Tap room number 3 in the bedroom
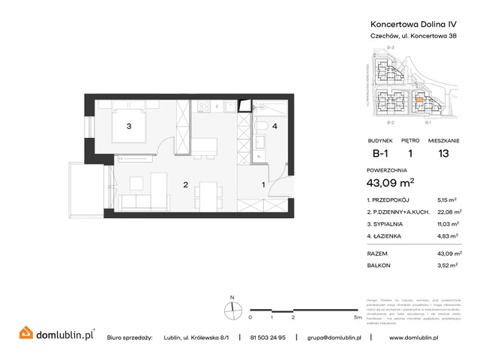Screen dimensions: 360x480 129,126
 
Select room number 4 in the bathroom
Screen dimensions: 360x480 275,126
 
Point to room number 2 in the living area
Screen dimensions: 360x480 184,184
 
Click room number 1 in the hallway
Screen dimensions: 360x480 262,184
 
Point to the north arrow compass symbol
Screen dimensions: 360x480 233,309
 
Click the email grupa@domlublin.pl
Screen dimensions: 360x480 334,337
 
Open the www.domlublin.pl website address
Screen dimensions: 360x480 425,337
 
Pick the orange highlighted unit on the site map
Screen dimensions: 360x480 419,96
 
